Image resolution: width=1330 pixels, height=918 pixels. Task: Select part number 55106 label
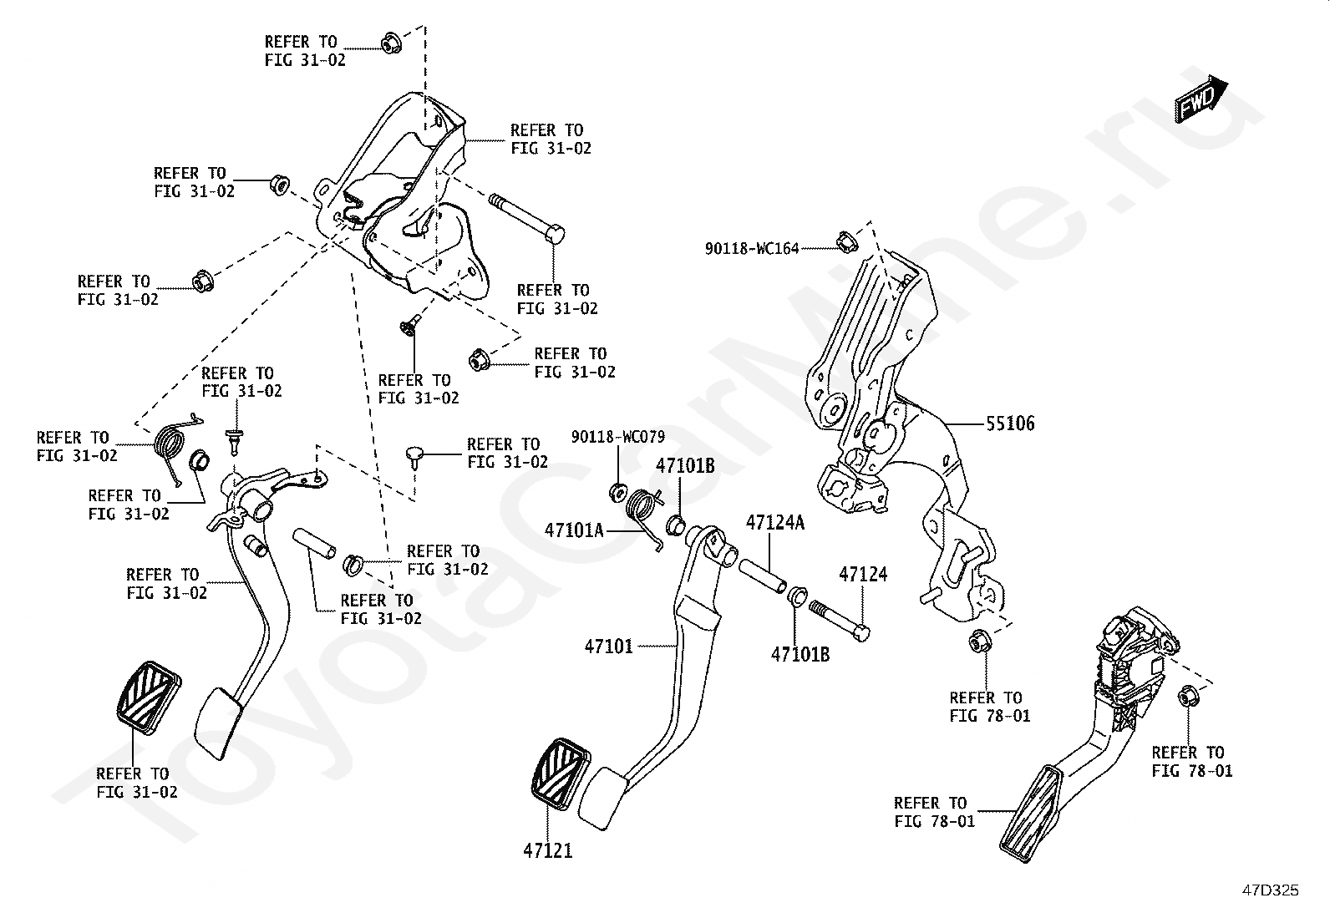[x=1010, y=423]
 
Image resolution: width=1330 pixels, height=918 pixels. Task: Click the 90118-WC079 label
[x=618, y=437]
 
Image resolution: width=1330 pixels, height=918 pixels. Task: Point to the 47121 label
[x=548, y=850]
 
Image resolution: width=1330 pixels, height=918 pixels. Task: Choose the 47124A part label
[x=774, y=523]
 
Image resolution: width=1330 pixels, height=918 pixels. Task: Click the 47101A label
[x=574, y=530]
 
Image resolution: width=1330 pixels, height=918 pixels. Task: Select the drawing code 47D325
[x=1270, y=890]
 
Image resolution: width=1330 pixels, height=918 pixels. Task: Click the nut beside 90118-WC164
[x=846, y=243]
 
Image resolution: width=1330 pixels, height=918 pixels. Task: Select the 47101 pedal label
[x=609, y=646]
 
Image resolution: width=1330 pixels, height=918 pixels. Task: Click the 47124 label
[x=863, y=574]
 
